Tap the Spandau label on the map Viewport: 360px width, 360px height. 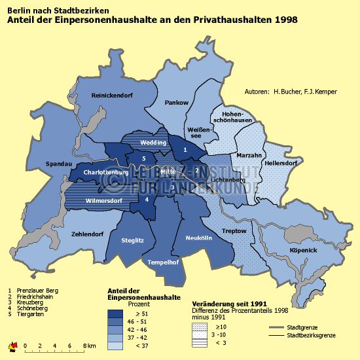pos(60,164)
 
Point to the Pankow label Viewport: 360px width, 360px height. pos(177,103)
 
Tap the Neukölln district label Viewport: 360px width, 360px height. pos(200,238)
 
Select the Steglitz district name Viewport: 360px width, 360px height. pos(134,240)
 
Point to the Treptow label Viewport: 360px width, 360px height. pos(234,231)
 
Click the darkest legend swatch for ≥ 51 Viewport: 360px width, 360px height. pos(117,313)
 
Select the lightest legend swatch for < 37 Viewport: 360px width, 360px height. pos(117,344)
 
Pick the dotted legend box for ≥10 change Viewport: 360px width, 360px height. pos(200,326)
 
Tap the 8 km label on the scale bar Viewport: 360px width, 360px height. pos(90,346)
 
